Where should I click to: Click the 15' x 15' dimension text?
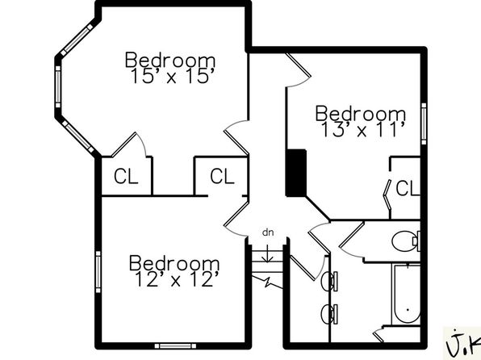pyautogui.click(x=171, y=76)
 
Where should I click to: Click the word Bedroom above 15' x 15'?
pyautogui.click(x=170, y=60)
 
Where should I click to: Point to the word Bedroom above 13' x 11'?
pyautogui.click(x=361, y=113)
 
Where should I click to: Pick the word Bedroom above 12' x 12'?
pyautogui.click(x=174, y=263)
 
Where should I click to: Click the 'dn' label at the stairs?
pyautogui.click(x=268, y=232)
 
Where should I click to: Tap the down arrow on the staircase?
pyautogui.click(x=268, y=253)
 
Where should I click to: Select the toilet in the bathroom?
pyautogui.click(x=406, y=241)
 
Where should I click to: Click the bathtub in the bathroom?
pyautogui.click(x=406, y=295)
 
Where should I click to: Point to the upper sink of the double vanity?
pyautogui.click(x=329, y=281)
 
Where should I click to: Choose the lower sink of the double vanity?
pyautogui.click(x=329, y=314)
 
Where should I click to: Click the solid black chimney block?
pyautogui.click(x=296, y=173)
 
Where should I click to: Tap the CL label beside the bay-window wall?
pyautogui.click(x=126, y=176)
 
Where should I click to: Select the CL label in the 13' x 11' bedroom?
pyautogui.click(x=408, y=188)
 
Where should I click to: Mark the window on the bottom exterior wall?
pyautogui.click(x=175, y=346)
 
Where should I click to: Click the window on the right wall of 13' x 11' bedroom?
pyautogui.click(x=424, y=123)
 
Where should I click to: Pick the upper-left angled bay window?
pyautogui.click(x=77, y=40)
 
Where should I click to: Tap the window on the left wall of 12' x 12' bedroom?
pyautogui.click(x=98, y=272)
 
